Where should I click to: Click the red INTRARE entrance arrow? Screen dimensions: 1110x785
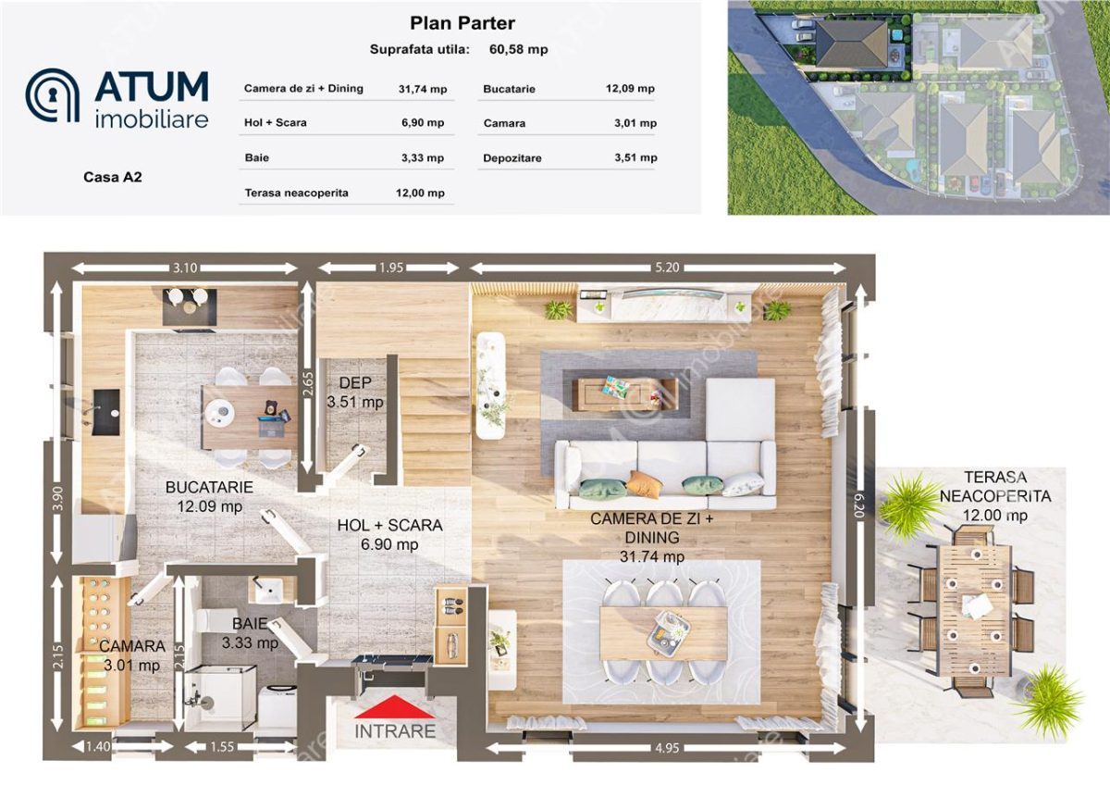click(x=395, y=706)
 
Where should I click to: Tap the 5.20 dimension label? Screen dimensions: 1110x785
click(x=667, y=268)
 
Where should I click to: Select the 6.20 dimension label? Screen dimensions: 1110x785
click(x=858, y=505)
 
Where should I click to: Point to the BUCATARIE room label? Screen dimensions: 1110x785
click(x=209, y=487)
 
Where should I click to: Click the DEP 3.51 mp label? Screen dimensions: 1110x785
click(x=355, y=392)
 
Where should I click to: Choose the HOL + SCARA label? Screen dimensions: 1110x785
click(x=390, y=525)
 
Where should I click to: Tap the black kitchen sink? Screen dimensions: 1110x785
click(x=106, y=412)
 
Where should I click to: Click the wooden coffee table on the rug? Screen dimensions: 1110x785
click(x=625, y=394)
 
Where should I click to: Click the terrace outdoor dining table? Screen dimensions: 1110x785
click(x=975, y=611)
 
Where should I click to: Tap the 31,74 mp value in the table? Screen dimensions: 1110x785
click(x=423, y=89)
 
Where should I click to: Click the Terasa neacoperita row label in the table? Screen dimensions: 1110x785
click(x=296, y=193)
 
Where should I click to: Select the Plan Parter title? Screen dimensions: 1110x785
click(x=462, y=23)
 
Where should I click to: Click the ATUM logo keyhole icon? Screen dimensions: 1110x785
click(x=53, y=95)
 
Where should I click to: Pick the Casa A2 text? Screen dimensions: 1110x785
click(x=113, y=177)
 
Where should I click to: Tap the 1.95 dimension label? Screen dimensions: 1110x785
click(x=391, y=268)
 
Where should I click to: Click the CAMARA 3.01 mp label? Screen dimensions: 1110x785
click(x=131, y=655)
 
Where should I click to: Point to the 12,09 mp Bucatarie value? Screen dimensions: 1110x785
click(x=630, y=89)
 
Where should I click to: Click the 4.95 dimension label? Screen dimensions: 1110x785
click(x=667, y=748)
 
